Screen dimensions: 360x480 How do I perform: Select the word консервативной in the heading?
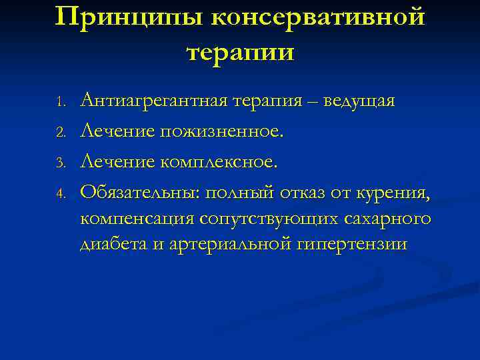(x=317, y=17)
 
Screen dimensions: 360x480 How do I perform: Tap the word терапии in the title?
(x=240, y=51)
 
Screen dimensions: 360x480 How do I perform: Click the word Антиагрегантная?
(x=153, y=101)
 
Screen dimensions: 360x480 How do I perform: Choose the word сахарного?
(x=389, y=219)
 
